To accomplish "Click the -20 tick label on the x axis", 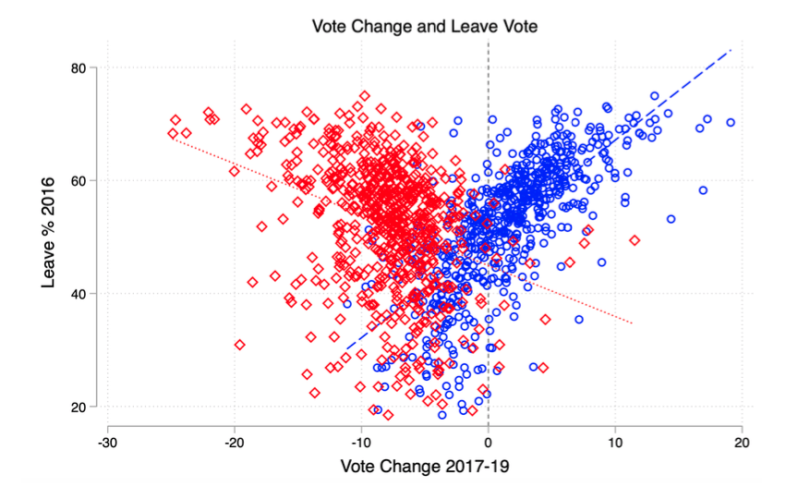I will point(235,441).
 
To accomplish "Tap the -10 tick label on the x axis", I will point(361,441).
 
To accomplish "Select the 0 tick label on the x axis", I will point(489,441).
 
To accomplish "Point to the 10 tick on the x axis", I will point(615,441).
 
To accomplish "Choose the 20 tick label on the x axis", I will point(742,441).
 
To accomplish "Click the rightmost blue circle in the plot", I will point(731,122).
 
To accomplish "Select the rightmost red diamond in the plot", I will point(635,240).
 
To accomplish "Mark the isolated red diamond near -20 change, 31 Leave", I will point(239,345).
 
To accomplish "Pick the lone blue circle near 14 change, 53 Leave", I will point(671,219).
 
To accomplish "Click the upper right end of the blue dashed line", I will point(731,50).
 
